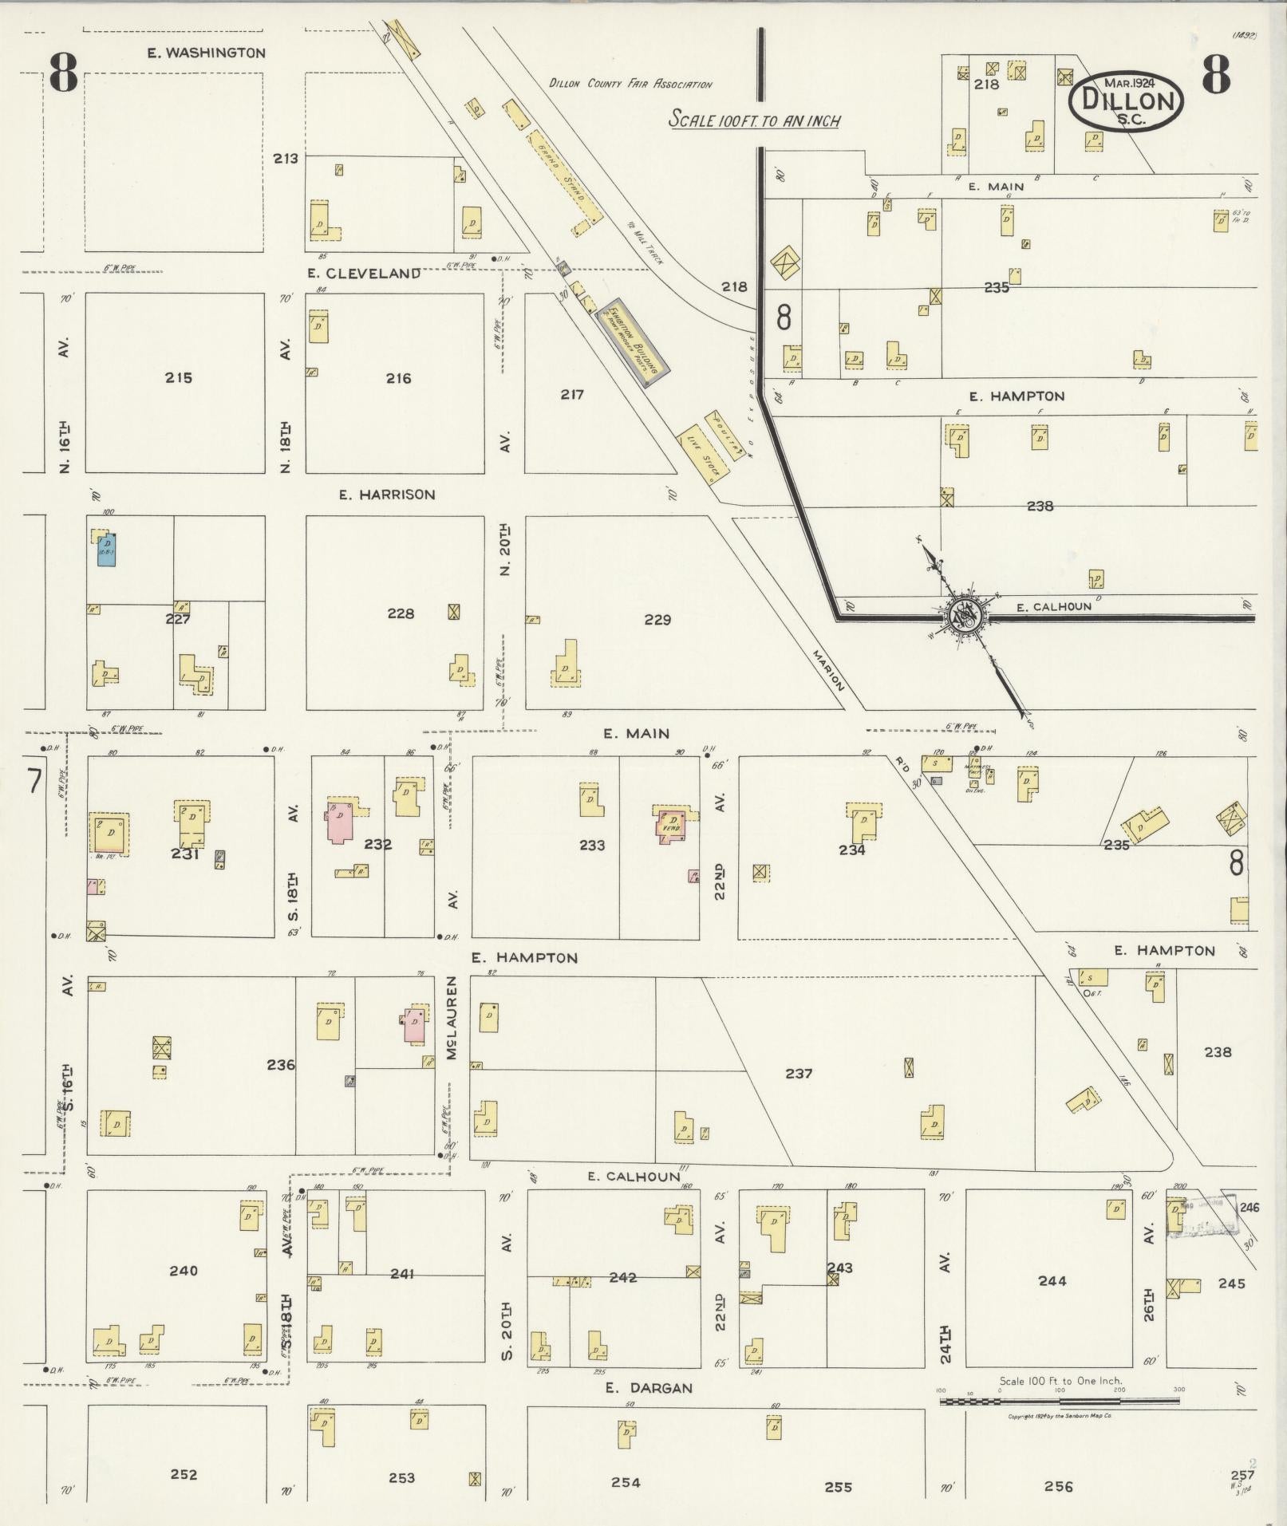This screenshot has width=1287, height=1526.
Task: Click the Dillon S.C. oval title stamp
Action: pyautogui.click(x=1126, y=101)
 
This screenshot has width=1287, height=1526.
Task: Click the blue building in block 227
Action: pyautogui.click(x=106, y=549)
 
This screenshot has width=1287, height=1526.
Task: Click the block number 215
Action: pyautogui.click(x=178, y=377)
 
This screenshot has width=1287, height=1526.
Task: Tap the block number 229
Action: pyautogui.click(x=657, y=619)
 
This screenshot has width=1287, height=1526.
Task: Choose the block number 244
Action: pyautogui.click(x=1052, y=1280)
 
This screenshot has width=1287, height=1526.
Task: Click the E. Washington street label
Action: pyautogui.click(x=206, y=53)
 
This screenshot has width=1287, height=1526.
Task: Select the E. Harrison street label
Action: pyautogui.click(x=387, y=495)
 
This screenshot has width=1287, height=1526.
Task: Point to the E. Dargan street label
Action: pyautogui.click(x=648, y=1387)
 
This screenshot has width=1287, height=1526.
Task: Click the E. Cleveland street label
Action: pyautogui.click(x=364, y=273)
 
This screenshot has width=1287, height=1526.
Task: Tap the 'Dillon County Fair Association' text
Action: pyautogui.click(x=630, y=84)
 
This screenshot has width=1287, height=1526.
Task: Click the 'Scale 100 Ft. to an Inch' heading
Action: pyautogui.click(x=754, y=120)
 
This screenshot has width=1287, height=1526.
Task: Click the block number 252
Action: pyautogui.click(x=184, y=1474)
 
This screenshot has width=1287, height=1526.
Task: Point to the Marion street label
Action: pyautogui.click(x=828, y=669)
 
